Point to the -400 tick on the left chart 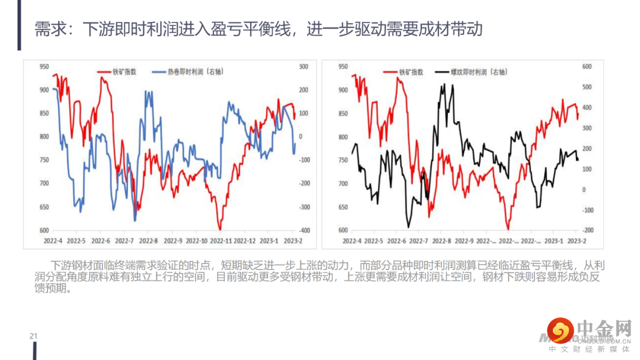305,230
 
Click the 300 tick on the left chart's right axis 303,66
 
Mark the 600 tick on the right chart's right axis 587,66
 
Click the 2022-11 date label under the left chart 220,241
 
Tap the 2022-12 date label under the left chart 244,241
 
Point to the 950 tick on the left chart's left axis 44,66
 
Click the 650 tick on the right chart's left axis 343,207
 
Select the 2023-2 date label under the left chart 292,241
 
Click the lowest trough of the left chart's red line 220,229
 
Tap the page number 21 33,336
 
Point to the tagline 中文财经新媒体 589,349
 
